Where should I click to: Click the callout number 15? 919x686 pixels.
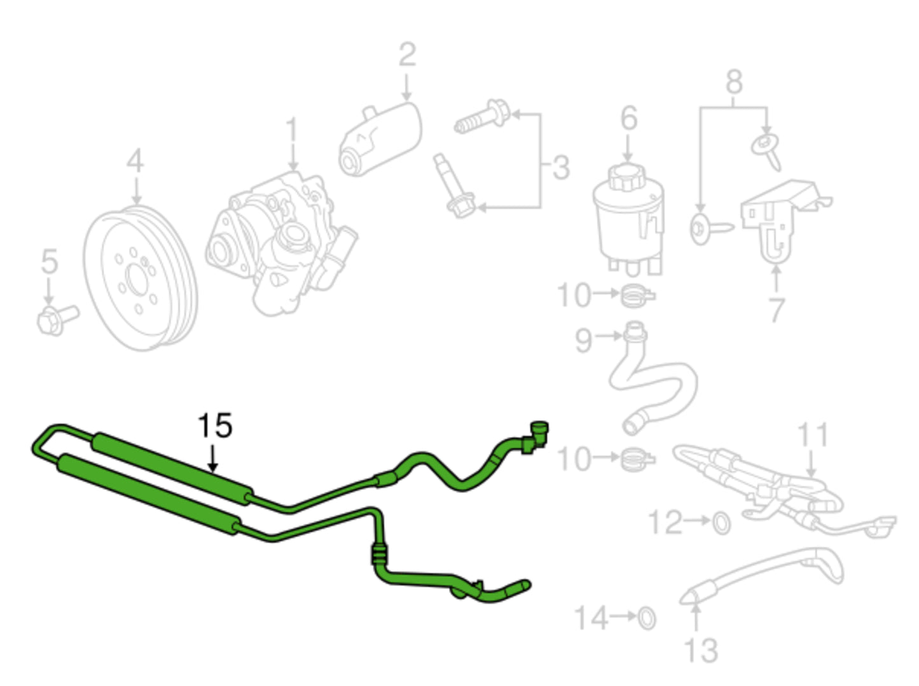[215, 425]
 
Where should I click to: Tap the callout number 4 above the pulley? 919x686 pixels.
[135, 161]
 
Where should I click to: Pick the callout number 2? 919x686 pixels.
[407, 55]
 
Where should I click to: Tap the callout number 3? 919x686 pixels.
[560, 167]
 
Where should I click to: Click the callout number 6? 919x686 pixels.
[628, 118]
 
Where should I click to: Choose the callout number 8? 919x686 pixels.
[734, 82]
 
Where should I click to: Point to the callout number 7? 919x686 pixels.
[777, 310]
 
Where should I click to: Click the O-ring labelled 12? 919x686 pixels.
[721, 523]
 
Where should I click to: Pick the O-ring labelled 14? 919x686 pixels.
[646, 617]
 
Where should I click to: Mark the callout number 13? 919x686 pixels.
[701, 650]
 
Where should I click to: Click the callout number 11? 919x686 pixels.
[813, 436]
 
